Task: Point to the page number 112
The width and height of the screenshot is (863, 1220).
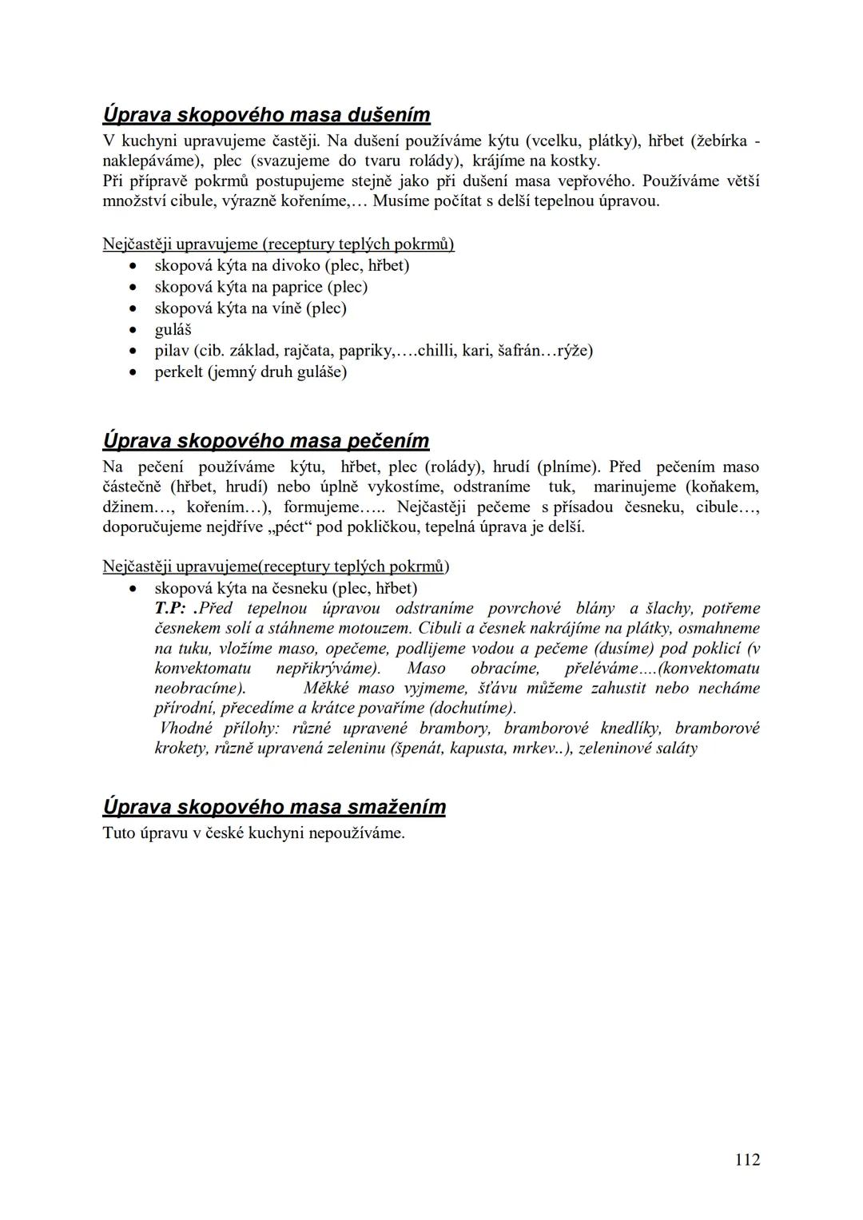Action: pyautogui.click(x=747, y=1159)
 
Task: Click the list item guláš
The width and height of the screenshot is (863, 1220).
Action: pyautogui.click(x=173, y=330)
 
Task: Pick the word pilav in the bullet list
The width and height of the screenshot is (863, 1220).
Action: pyautogui.click(x=171, y=351)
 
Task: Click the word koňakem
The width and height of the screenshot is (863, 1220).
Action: pyautogui.click(x=722, y=487)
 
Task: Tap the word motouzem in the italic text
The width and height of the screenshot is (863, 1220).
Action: pyautogui.click(x=376, y=629)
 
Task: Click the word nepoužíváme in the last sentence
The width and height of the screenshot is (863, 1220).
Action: pyautogui.click(x=356, y=833)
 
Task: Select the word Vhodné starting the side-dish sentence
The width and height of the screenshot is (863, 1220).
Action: pyautogui.click(x=186, y=729)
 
